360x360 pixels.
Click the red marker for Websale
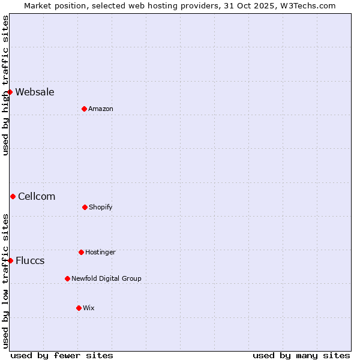tap(10, 92)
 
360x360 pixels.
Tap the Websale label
tap(35, 92)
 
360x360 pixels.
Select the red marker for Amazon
tap(85, 109)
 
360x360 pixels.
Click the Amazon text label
tap(101, 109)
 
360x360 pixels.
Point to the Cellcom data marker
tap(13, 196)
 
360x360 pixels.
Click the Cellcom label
tap(37, 196)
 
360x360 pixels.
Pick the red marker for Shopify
tap(85, 207)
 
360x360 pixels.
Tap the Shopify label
tap(101, 207)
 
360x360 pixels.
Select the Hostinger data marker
tap(81, 252)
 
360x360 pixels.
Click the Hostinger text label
tap(100, 252)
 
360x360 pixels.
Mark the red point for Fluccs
tap(10, 260)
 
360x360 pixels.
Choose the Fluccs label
tap(30, 260)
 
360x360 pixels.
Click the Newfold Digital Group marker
tap(67, 278)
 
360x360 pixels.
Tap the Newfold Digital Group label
tap(106, 278)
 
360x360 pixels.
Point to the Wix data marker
tap(79, 308)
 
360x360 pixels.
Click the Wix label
tap(89, 308)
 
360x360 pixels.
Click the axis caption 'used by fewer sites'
tap(62, 355)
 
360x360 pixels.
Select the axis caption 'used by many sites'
tap(301, 355)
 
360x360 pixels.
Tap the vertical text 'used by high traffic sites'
tap(5, 85)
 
